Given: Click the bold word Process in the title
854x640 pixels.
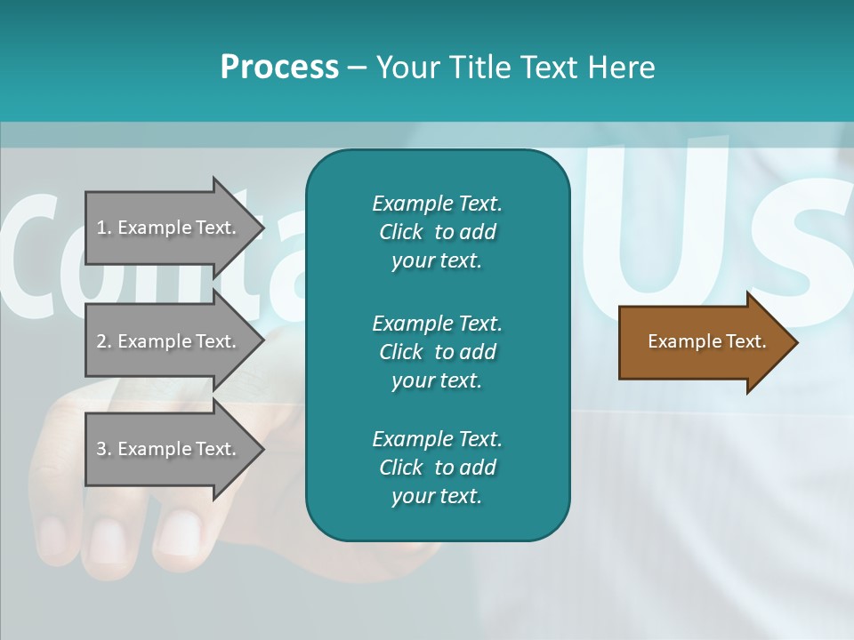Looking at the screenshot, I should pos(279,68).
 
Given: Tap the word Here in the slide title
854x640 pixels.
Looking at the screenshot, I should pos(620,68).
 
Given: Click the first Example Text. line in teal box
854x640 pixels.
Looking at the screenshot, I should pos(437,204).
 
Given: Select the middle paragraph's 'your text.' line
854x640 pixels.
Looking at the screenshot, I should pos(437,380).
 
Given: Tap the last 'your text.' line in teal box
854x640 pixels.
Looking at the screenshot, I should pos(437,496).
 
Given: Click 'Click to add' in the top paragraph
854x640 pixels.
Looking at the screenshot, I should pos(437,232).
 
